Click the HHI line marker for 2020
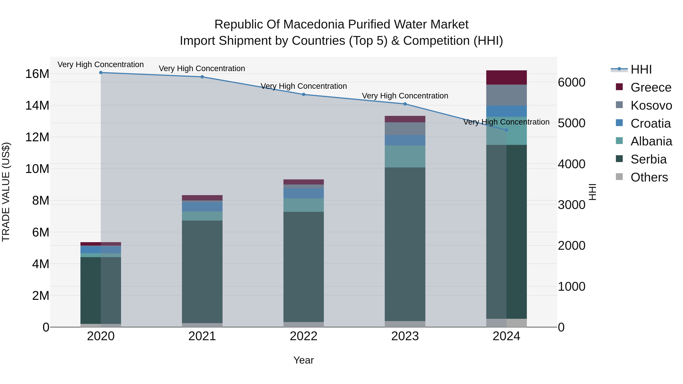point(101,73)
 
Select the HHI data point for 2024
point(506,130)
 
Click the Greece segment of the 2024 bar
point(506,77)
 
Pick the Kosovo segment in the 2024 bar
point(506,95)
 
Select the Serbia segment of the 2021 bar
point(202,272)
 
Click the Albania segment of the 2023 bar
point(405,156)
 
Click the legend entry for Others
point(649,177)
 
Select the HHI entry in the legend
point(641,69)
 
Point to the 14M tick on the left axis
point(37,105)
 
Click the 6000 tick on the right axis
point(571,82)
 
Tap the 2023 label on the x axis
point(405,336)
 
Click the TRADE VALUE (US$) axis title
point(6,192)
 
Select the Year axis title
point(304,360)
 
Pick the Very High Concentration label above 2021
point(202,68)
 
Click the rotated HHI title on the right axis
point(592,192)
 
